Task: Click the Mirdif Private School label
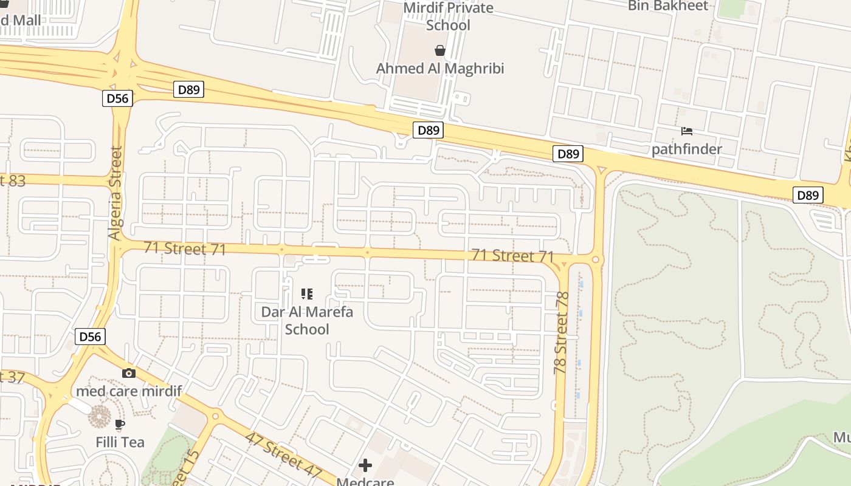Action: coord(449,16)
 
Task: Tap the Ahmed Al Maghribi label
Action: coord(440,68)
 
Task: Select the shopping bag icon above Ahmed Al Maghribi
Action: coord(439,50)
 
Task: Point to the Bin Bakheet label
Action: coord(668,6)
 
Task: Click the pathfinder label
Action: coord(687,149)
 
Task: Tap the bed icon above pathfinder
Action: coord(687,131)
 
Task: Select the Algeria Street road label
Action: coord(115,193)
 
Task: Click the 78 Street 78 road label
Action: coord(561,332)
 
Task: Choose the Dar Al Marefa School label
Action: coord(307,320)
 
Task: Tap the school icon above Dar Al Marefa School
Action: coord(307,295)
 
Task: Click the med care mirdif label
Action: coord(129,391)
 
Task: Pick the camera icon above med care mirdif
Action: coord(129,373)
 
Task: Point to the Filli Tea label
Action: coord(120,442)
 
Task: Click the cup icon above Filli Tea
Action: coord(120,424)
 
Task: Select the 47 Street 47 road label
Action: coord(283,454)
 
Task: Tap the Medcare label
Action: coord(365,482)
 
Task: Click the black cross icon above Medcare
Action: coord(365,465)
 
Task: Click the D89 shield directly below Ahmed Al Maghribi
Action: coord(429,129)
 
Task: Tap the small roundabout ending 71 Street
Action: coord(595,260)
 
